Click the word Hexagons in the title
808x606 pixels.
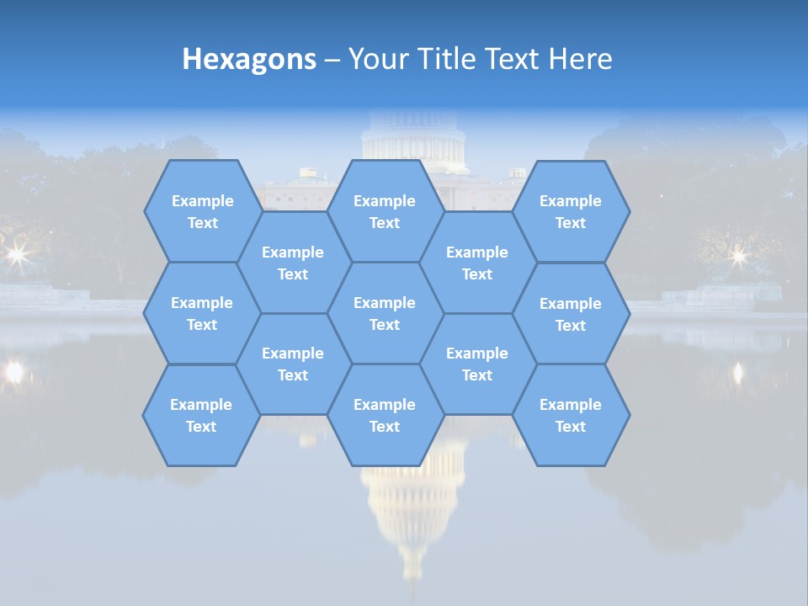[249, 59]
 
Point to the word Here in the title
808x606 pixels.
[580, 59]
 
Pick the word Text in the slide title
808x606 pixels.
[513, 59]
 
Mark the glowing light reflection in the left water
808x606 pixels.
[13, 371]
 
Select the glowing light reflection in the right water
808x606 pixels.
[738, 371]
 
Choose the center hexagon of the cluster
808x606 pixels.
[385, 313]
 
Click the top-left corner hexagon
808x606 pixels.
[202, 211]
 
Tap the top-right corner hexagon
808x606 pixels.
[571, 211]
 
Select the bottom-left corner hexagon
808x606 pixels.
[201, 415]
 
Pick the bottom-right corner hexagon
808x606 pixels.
[571, 415]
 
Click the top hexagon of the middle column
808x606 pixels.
[385, 211]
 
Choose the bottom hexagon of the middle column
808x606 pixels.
[385, 415]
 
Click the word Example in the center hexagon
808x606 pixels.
[385, 303]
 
